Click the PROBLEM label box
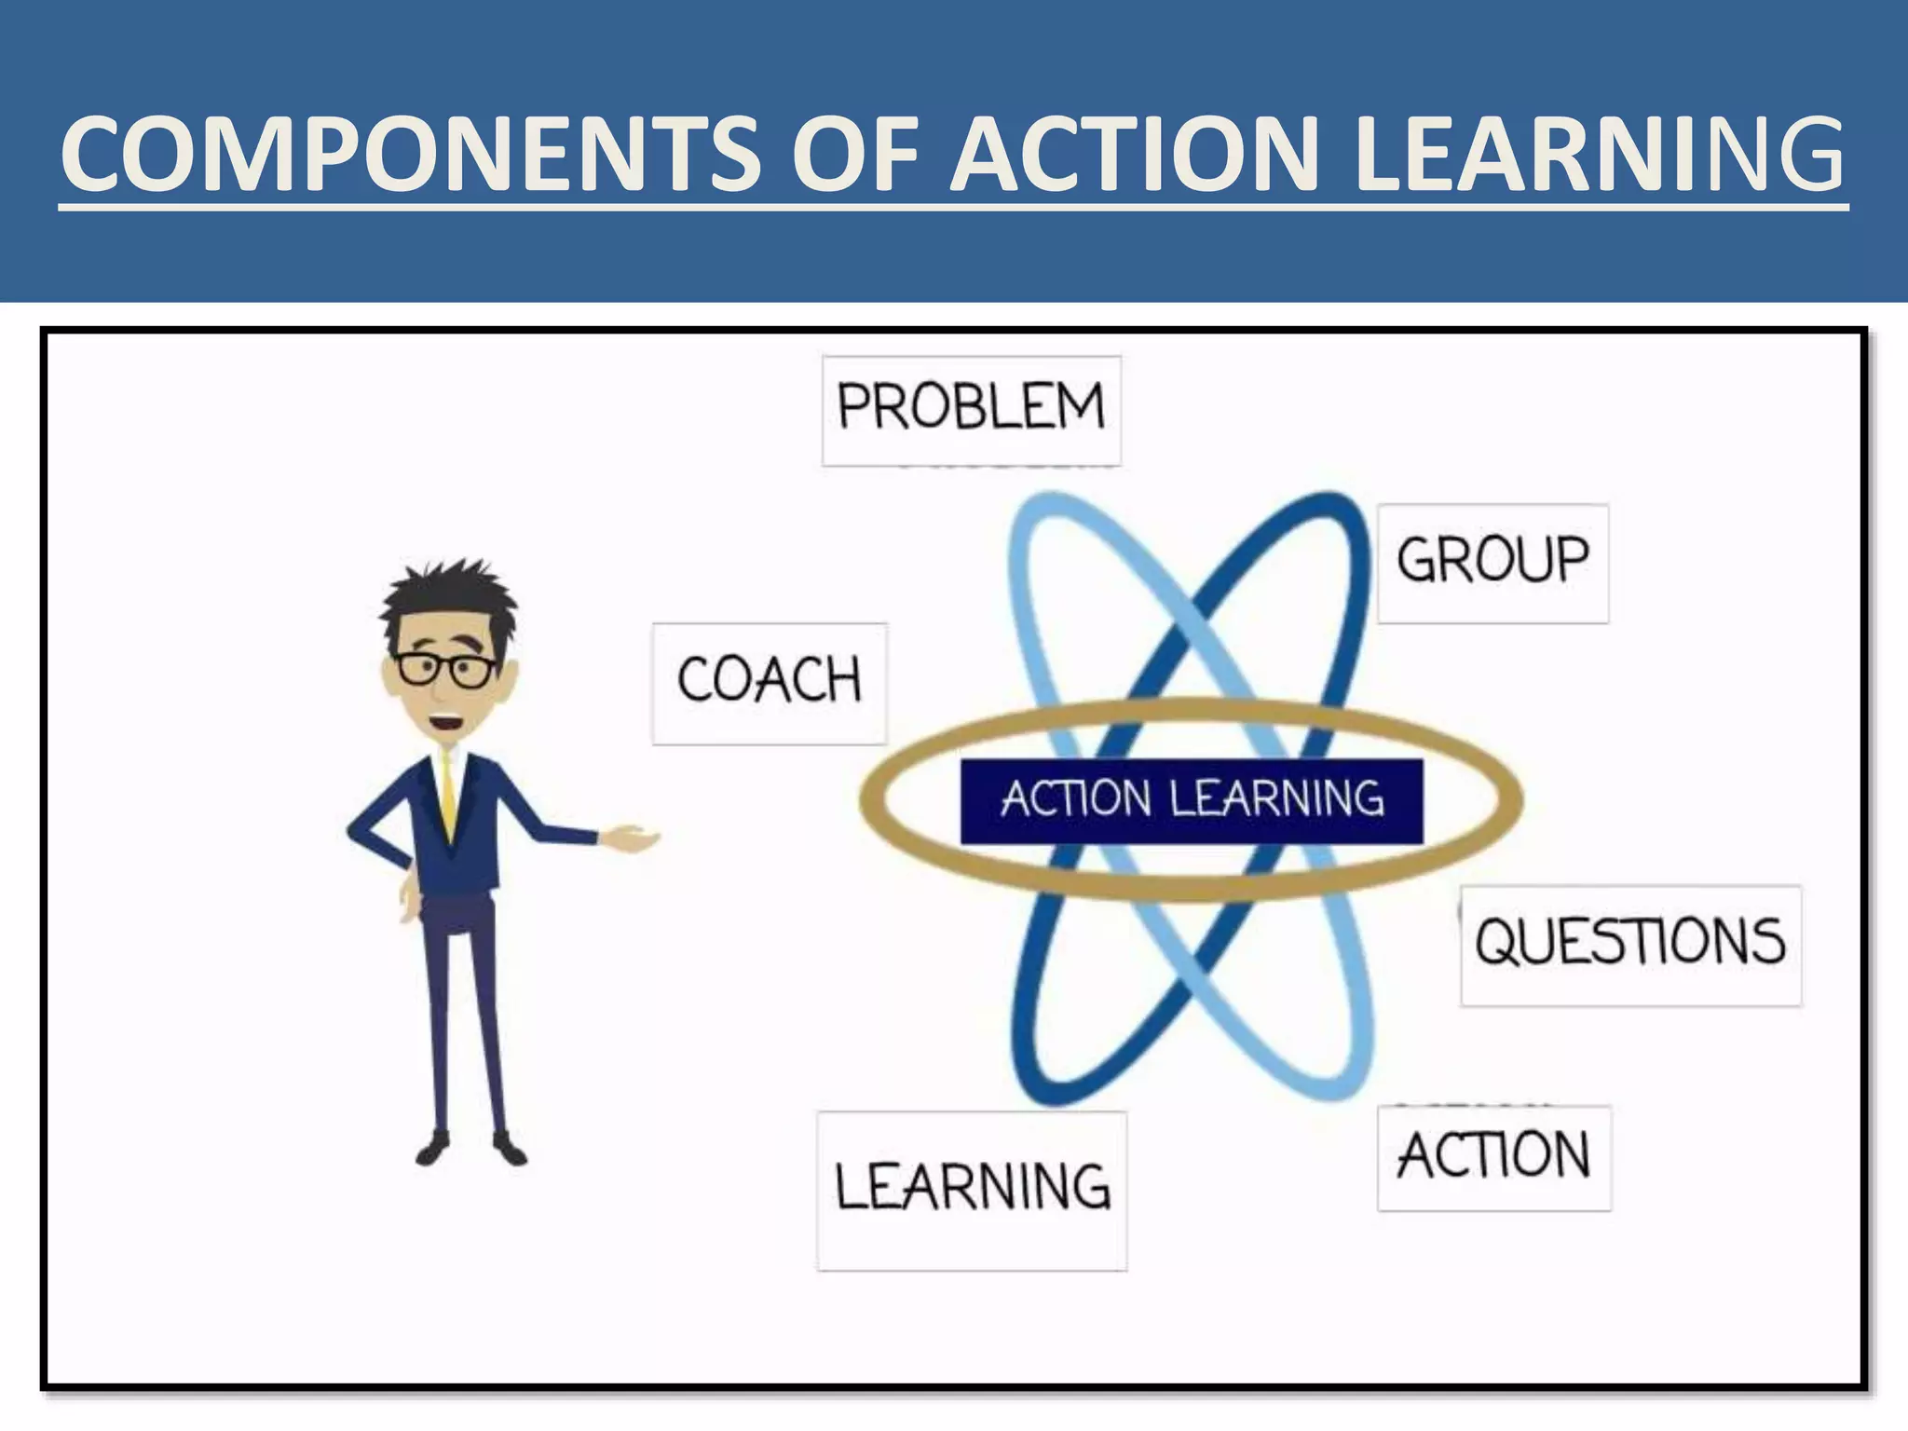coord(971,409)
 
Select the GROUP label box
coord(1492,562)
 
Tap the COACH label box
coord(770,682)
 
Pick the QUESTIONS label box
coord(1630,944)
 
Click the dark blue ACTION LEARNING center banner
coord(1192,801)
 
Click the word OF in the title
coord(855,154)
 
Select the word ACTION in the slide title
coord(1139,154)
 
